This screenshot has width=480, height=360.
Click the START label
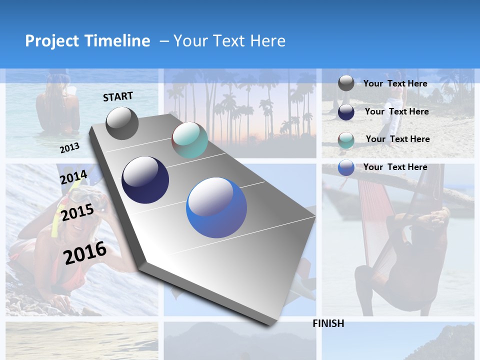click(118, 96)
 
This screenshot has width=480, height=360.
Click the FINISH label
click(328, 323)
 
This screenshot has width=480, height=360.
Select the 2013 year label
click(69, 147)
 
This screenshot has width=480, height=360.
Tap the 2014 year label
click(73, 177)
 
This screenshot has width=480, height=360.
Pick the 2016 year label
click(85, 252)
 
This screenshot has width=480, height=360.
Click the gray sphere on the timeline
click(122, 123)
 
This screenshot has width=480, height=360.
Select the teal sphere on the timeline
click(189, 140)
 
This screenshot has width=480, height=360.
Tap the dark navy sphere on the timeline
click(145, 179)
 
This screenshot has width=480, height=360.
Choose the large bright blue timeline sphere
click(216, 207)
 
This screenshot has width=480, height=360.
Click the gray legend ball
click(346, 83)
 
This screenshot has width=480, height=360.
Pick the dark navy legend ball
click(346, 112)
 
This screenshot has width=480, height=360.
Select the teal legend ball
click(346, 140)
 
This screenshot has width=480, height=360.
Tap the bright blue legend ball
click(346, 167)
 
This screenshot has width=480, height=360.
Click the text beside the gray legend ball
click(395, 83)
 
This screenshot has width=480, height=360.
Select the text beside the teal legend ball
click(397, 139)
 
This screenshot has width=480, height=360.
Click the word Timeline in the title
click(117, 41)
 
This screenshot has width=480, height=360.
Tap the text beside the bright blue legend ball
click(395, 167)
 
